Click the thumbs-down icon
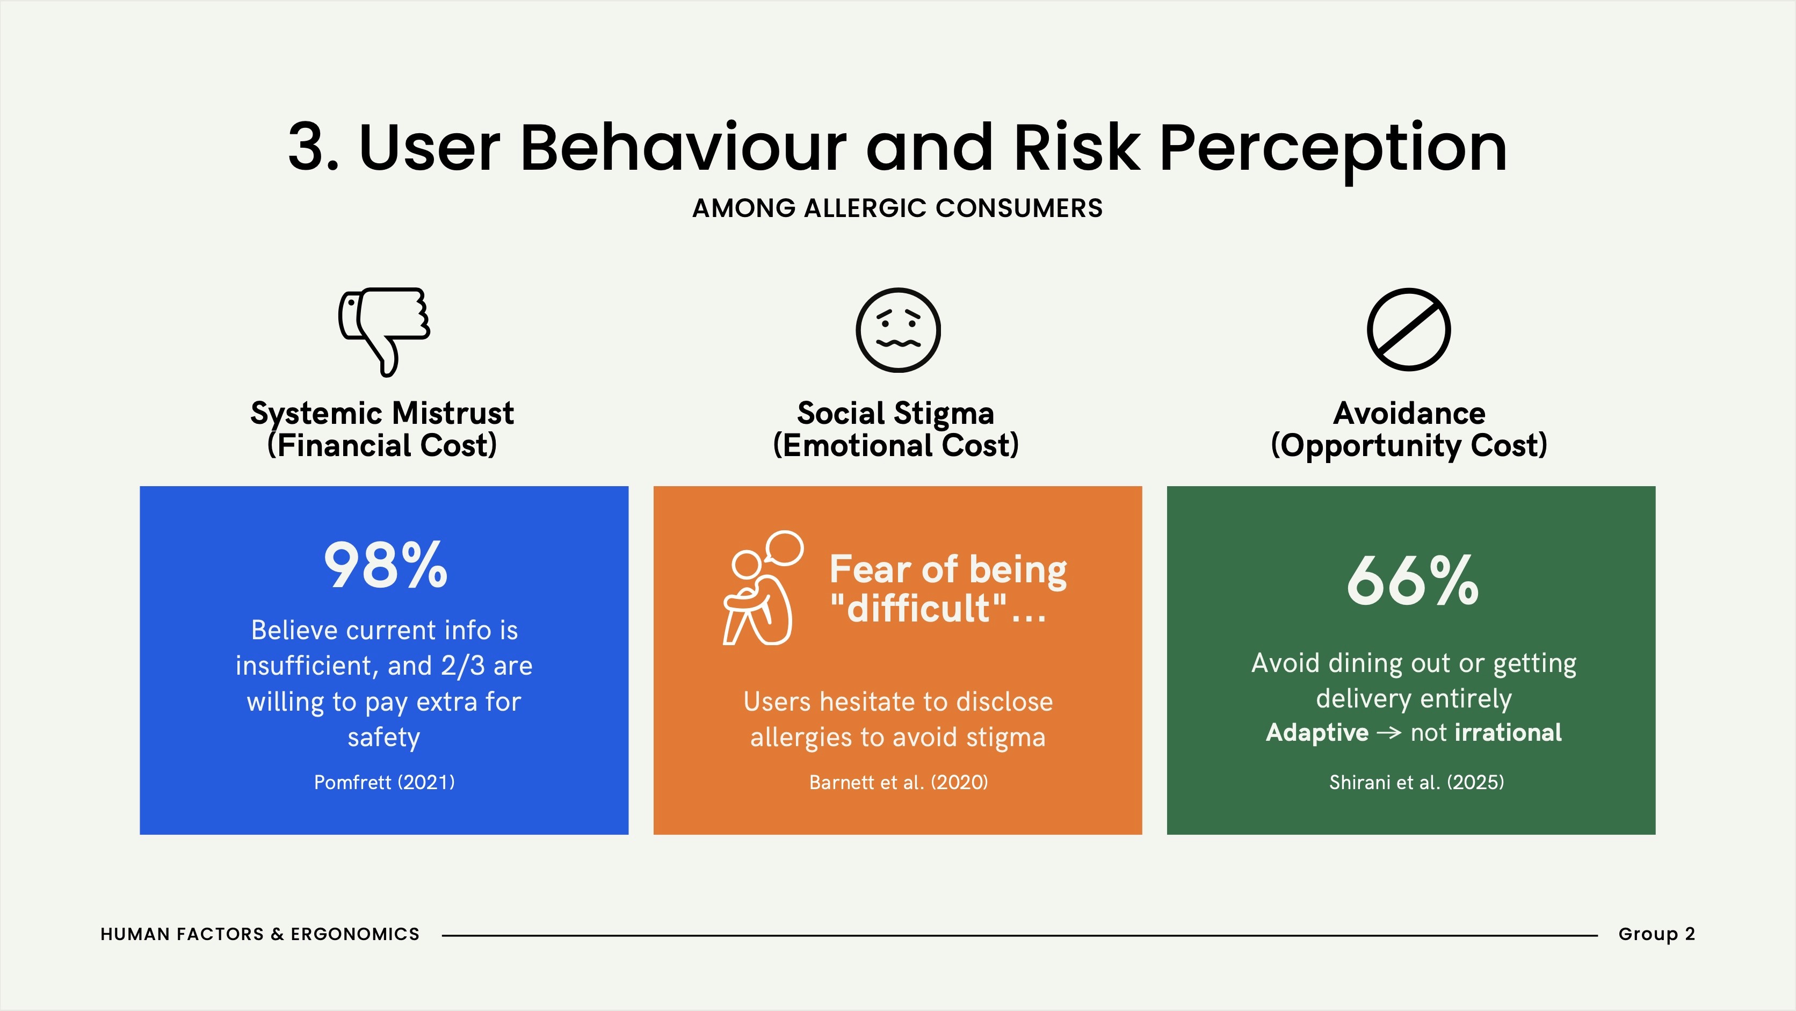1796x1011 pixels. (x=384, y=331)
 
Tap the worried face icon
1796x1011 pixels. (x=898, y=330)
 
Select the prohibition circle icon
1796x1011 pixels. (x=1408, y=329)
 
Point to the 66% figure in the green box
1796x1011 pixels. (x=1413, y=580)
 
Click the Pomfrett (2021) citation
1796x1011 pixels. (x=384, y=782)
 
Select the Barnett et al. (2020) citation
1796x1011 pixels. (x=898, y=782)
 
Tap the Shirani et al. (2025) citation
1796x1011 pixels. (x=1417, y=782)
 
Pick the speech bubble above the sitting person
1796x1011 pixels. (x=784, y=547)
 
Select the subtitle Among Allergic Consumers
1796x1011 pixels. (x=898, y=208)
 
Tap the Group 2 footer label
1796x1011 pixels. (x=1656, y=934)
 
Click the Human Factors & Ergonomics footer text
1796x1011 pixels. (x=260, y=934)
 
